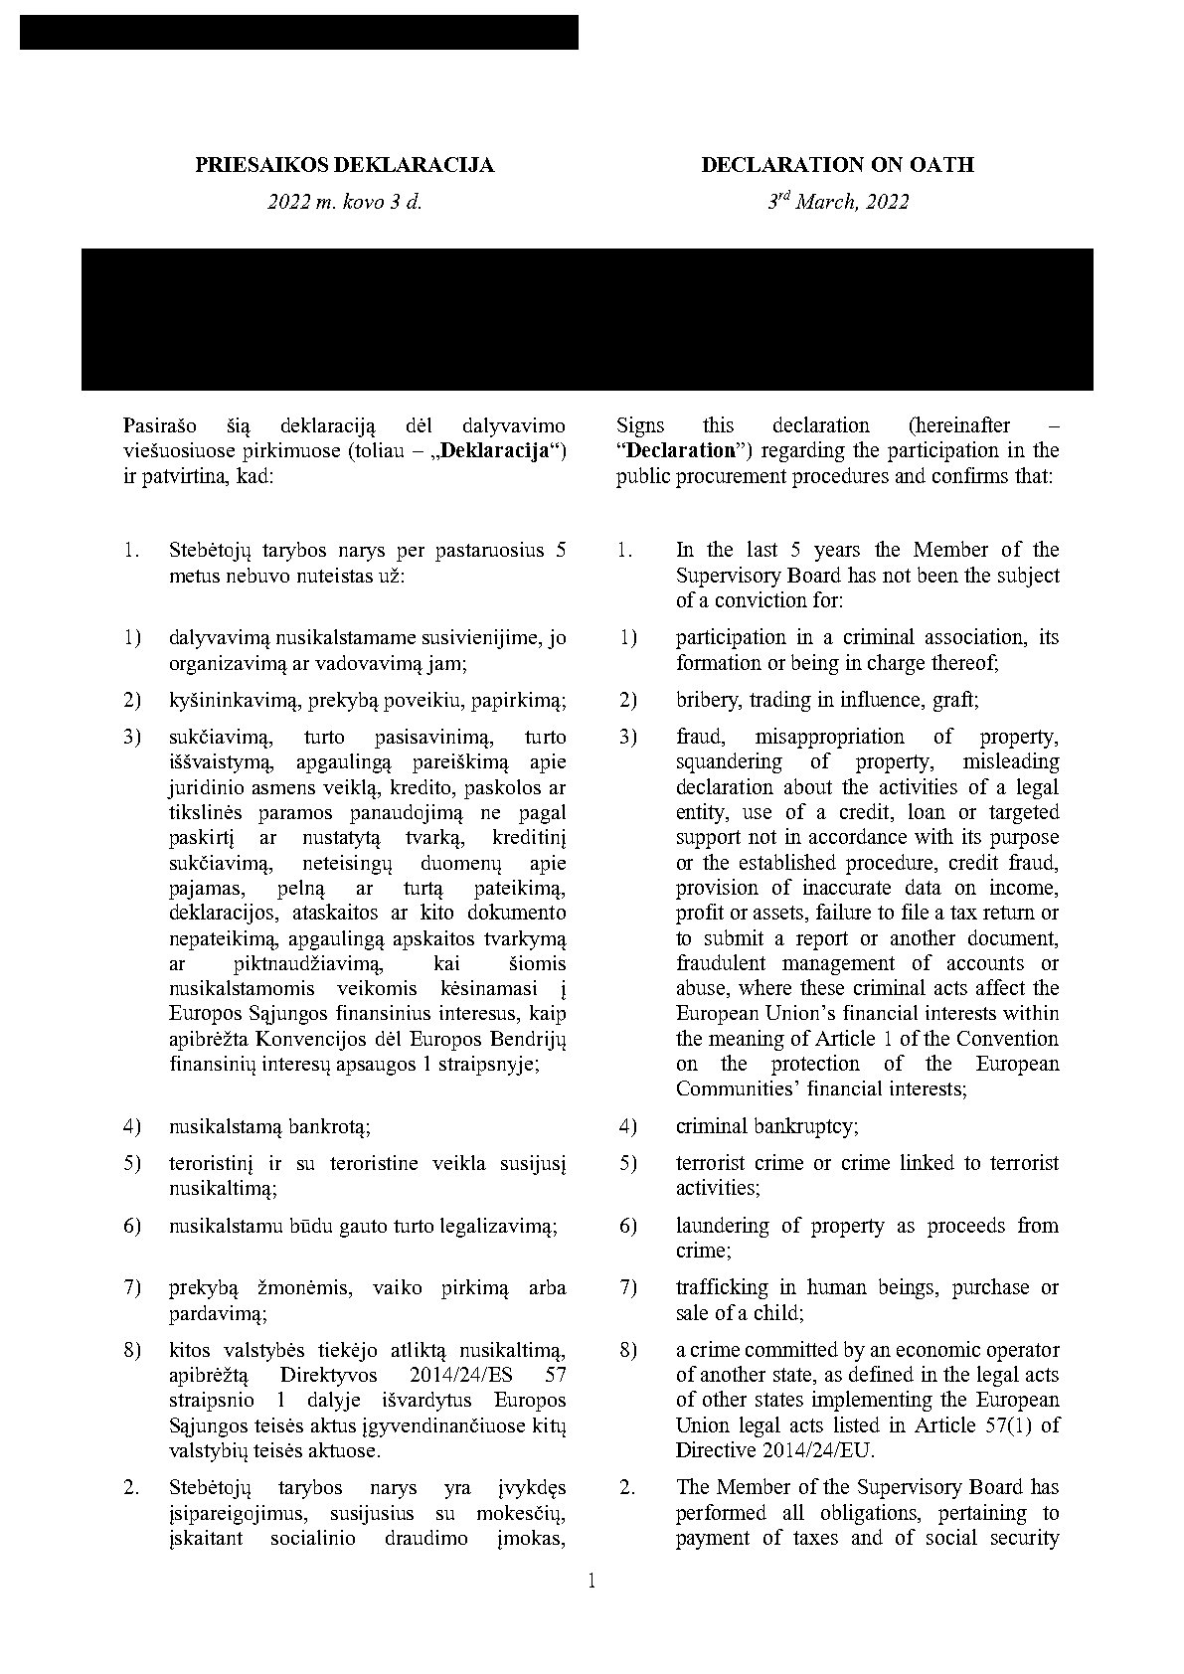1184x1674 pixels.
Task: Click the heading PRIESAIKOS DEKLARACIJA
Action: [x=344, y=165]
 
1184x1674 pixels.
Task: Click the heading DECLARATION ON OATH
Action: [x=837, y=165]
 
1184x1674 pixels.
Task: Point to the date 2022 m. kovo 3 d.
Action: [x=344, y=202]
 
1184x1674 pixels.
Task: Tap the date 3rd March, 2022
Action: [x=837, y=202]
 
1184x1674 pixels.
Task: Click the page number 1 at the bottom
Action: [x=592, y=1581]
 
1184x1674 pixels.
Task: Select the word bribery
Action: [x=709, y=700]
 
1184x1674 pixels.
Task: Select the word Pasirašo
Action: [x=157, y=425]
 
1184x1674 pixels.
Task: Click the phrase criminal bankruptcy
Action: [x=767, y=1126]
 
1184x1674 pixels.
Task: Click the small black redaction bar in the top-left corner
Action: [x=298, y=32]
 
